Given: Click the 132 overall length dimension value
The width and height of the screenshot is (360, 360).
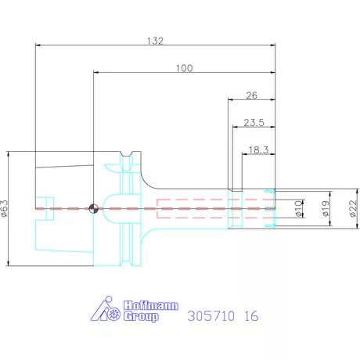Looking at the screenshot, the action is click(155, 41).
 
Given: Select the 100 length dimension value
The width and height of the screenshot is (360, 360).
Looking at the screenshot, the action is click(185, 68).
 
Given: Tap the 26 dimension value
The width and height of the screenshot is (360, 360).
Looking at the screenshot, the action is click(252, 95).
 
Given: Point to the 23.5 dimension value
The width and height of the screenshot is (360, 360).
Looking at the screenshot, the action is click(254, 123).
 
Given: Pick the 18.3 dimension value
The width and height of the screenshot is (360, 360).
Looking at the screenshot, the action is click(258, 150).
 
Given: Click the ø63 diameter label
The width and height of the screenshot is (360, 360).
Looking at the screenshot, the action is click(5, 208).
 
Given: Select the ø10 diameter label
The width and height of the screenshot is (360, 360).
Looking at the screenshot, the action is click(298, 209).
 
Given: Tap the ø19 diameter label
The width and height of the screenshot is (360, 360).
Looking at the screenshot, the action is click(325, 209).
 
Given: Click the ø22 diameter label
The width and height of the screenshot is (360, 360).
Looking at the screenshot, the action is click(353, 208).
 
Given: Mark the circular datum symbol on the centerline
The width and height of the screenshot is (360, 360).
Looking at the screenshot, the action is click(93, 209).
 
